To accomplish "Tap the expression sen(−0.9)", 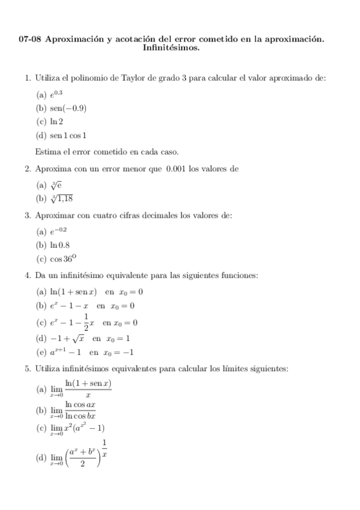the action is pyautogui.click(x=62, y=108).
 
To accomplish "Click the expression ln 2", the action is pyautogui.click(x=55, y=121).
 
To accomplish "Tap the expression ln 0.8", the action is pyautogui.click(x=59, y=245).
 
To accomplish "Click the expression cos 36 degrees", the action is pyautogui.click(x=63, y=259).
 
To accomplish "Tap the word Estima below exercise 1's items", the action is pyautogui.click(x=49, y=151).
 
